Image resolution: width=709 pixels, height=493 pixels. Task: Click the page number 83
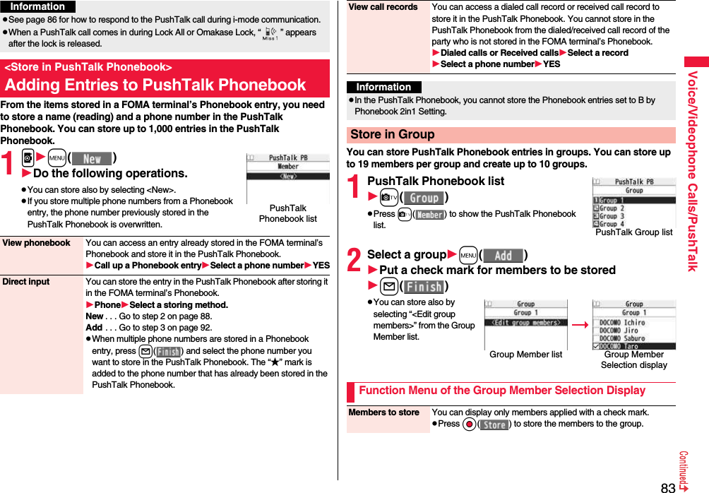click(668, 487)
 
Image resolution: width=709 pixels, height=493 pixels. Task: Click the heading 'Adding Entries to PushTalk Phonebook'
click(155, 85)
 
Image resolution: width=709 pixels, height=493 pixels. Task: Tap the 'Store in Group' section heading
click(393, 134)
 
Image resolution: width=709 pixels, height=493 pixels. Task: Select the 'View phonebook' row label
click(37, 243)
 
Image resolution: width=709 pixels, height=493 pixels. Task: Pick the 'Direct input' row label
click(26, 282)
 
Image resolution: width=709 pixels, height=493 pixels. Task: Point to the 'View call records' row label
click(383, 7)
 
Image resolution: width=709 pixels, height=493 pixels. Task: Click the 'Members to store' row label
click(384, 412)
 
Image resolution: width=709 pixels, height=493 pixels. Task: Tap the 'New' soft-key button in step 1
click(92, 160)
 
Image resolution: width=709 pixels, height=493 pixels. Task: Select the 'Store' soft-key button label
click(494, 424)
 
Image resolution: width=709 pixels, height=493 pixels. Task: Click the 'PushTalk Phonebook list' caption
click(288, 213)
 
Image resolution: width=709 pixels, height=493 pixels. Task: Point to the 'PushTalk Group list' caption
click(634, 232)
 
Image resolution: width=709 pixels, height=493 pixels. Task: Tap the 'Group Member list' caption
click(526, 355)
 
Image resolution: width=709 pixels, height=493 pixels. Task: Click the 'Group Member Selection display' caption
click(634, 360)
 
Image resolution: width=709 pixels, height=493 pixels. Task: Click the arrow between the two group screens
click(580, 326)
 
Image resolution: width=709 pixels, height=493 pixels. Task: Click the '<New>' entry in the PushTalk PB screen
click(288, 176)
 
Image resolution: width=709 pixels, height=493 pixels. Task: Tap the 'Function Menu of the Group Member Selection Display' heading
click(502, 391)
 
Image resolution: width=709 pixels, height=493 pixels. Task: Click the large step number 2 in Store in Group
click(355, 259)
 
